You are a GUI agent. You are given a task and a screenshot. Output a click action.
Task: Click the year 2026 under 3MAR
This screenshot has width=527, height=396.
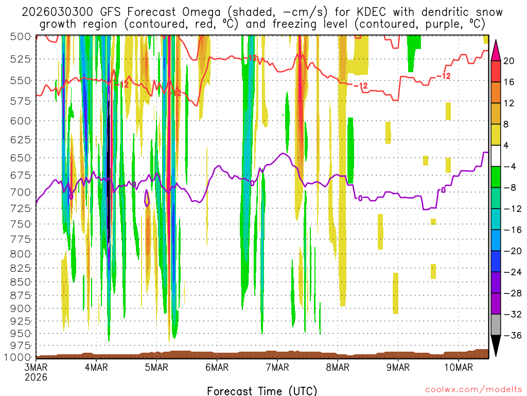36,377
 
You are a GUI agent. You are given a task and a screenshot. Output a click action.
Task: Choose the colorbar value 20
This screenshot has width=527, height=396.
509,61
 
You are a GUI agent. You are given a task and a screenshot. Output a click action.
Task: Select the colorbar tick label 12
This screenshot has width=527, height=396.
509,103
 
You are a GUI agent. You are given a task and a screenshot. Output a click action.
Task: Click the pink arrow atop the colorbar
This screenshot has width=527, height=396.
496,50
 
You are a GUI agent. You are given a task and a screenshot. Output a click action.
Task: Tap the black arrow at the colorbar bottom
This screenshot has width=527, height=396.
496,346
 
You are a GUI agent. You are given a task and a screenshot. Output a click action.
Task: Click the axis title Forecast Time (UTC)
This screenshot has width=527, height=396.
262,390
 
